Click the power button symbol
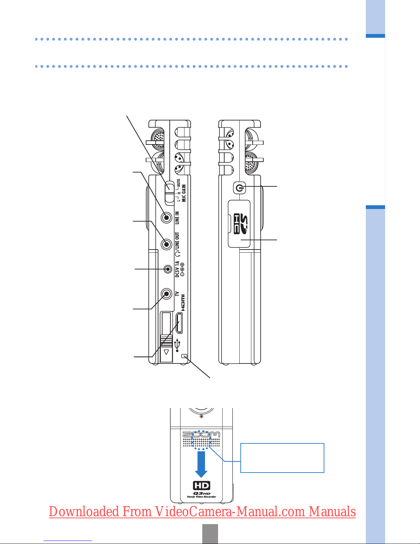240,188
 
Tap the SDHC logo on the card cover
241,224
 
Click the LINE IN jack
167,218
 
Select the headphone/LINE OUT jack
167,244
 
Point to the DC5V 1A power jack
168,269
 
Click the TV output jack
167,293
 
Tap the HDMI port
179,323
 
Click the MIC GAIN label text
184,193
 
